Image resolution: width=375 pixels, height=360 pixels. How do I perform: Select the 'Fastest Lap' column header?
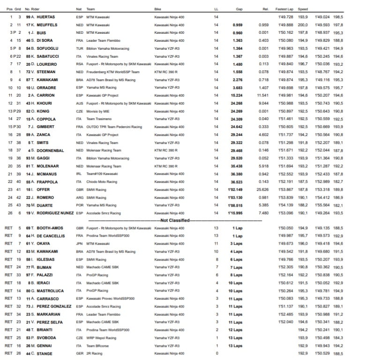[285, 9]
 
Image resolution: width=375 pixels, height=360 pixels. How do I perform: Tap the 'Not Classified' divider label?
[174, 220]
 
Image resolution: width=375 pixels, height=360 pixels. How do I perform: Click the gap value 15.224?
[237, 95]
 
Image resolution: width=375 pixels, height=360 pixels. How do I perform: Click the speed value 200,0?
[302, 24]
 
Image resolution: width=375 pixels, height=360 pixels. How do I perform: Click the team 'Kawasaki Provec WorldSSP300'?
[110, 299]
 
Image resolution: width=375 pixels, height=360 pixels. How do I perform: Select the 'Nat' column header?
[79, 9]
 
